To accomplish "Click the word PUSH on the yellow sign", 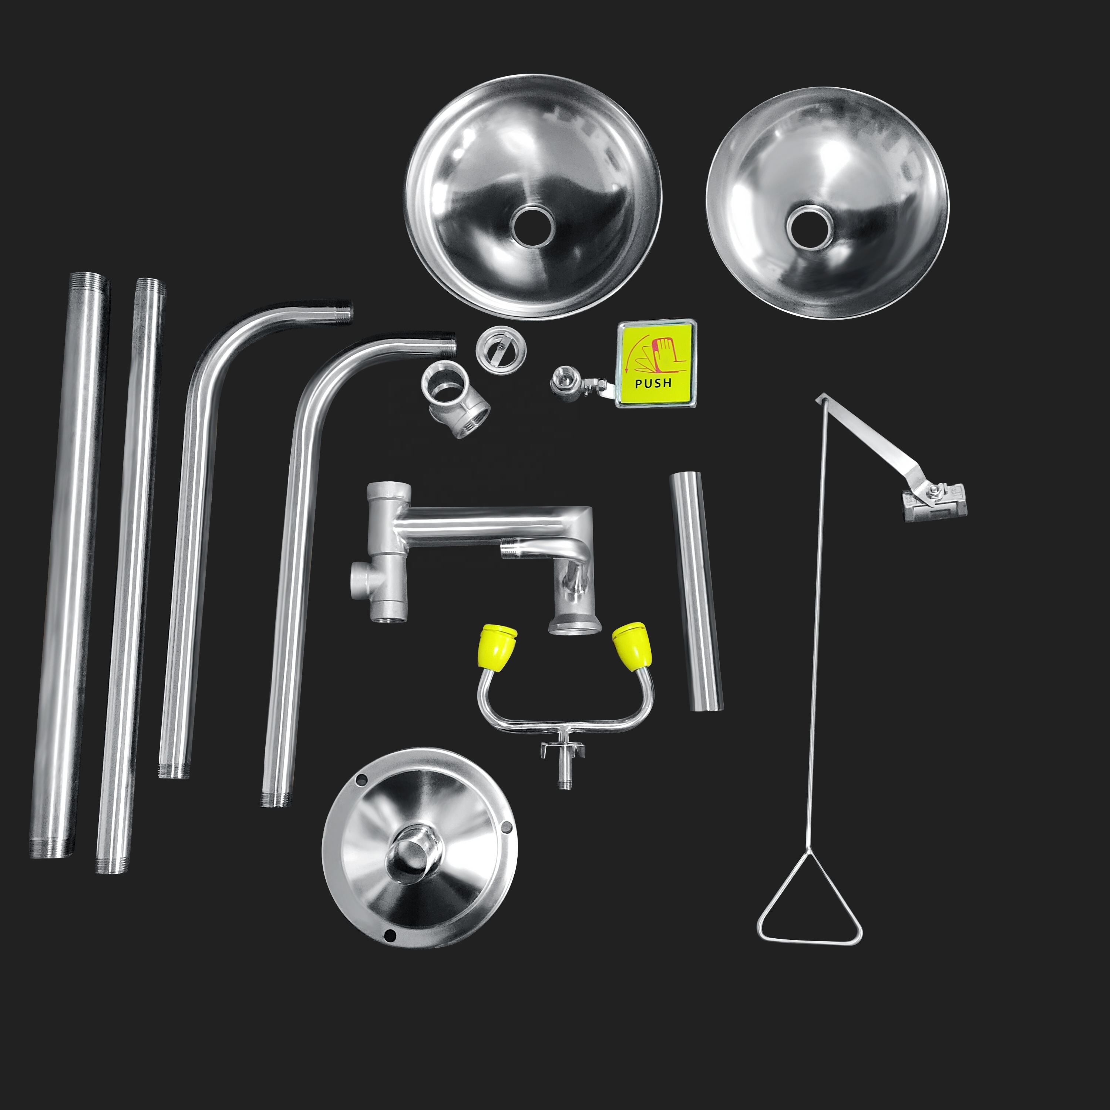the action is [x=653, y=383].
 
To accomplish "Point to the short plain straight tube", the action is [x=696, y=591].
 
